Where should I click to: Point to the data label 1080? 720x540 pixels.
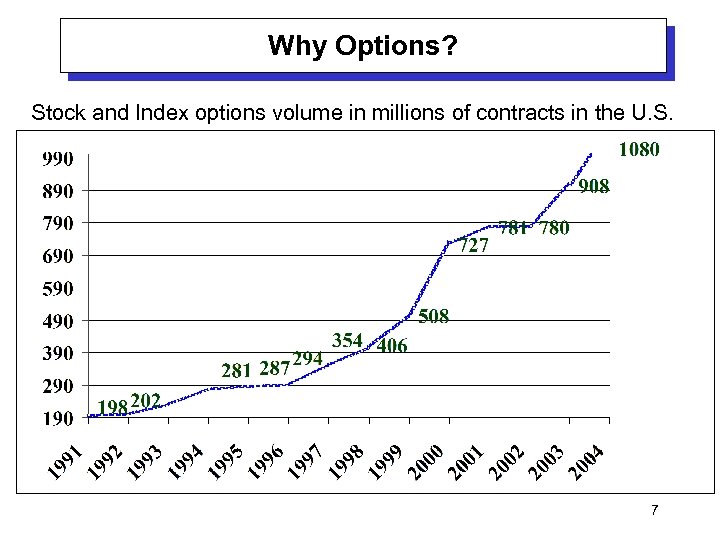[x=639, y=151]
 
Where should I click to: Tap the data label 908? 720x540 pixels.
[x=593, y=187]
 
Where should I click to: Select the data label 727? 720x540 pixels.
[x=475, y=245]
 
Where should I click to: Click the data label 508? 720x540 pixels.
[x=432, y=317]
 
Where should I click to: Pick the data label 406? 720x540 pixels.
[x=391, y=346]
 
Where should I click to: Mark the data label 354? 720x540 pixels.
[x=347, y=340]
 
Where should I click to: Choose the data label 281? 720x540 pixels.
[x=236, y=370]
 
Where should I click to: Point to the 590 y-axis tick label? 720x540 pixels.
[x=57, y=289]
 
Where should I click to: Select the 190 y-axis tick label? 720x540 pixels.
[x=57, y=419]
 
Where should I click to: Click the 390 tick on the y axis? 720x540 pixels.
[x=57, y=354]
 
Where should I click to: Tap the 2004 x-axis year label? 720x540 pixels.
[x=584, y=461]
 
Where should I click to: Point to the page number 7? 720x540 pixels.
[x=654, y=511]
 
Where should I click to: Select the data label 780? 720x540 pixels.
[x=554, y=229]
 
